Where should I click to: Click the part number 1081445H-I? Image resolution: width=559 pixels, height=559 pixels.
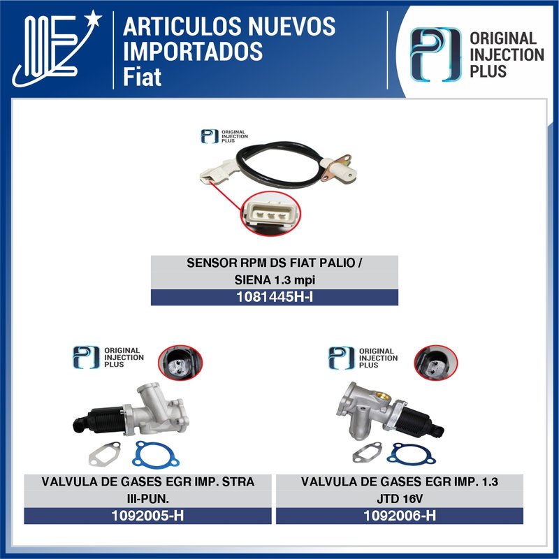coord(275,298)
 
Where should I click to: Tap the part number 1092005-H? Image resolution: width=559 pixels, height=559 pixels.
coord(147,516)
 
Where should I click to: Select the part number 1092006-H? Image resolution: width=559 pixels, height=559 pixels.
coord(400,516)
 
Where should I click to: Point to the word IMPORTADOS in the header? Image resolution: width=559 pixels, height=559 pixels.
coord(193,51)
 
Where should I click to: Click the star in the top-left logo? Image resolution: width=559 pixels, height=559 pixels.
coord(93,16)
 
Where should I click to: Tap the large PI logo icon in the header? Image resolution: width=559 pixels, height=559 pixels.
coord(434,55)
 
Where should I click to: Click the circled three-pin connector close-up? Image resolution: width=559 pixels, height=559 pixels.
coord(268,217)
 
